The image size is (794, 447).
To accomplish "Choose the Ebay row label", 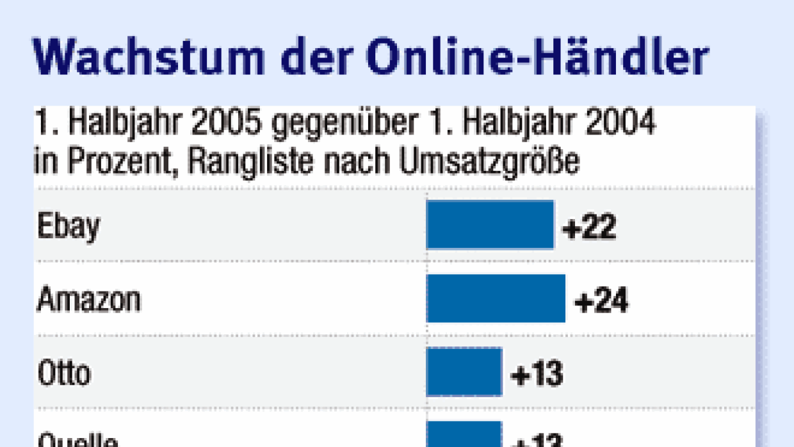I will (x=69, y=227).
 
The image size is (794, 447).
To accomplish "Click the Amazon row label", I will (x=89, y=300).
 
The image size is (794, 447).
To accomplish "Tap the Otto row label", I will (x=64, y=373).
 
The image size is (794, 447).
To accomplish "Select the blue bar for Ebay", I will (x=490, y=225).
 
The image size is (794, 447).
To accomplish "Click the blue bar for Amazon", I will (x=496, y=298).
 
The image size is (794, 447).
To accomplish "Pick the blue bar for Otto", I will (x=464, y=371).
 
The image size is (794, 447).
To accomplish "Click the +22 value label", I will (x=589, y=227).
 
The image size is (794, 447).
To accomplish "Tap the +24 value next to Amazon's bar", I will (x=601, y=300).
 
